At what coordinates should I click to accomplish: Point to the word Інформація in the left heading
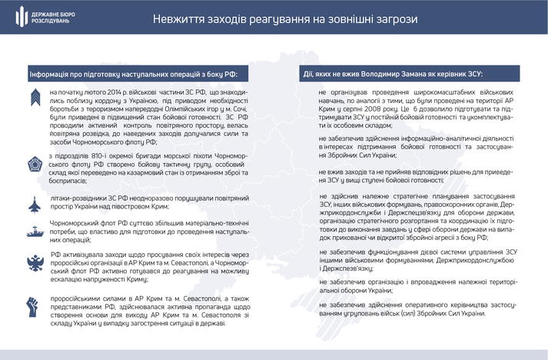tap(51, 75)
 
